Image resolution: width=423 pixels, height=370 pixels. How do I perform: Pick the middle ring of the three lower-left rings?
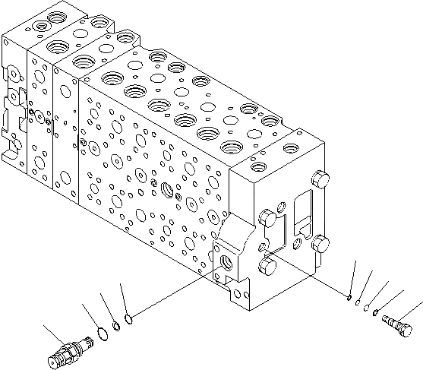(115, 327)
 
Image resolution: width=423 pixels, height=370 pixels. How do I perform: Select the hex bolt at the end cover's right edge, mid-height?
(324, 244)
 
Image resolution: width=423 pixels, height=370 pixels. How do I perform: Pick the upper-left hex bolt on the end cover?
(267, 217)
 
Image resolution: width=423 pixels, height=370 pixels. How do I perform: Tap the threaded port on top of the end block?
(258, 165)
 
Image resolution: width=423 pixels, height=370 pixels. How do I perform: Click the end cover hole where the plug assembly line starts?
(263, 246)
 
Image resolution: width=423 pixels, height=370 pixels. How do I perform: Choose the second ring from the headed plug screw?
(366, 307)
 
